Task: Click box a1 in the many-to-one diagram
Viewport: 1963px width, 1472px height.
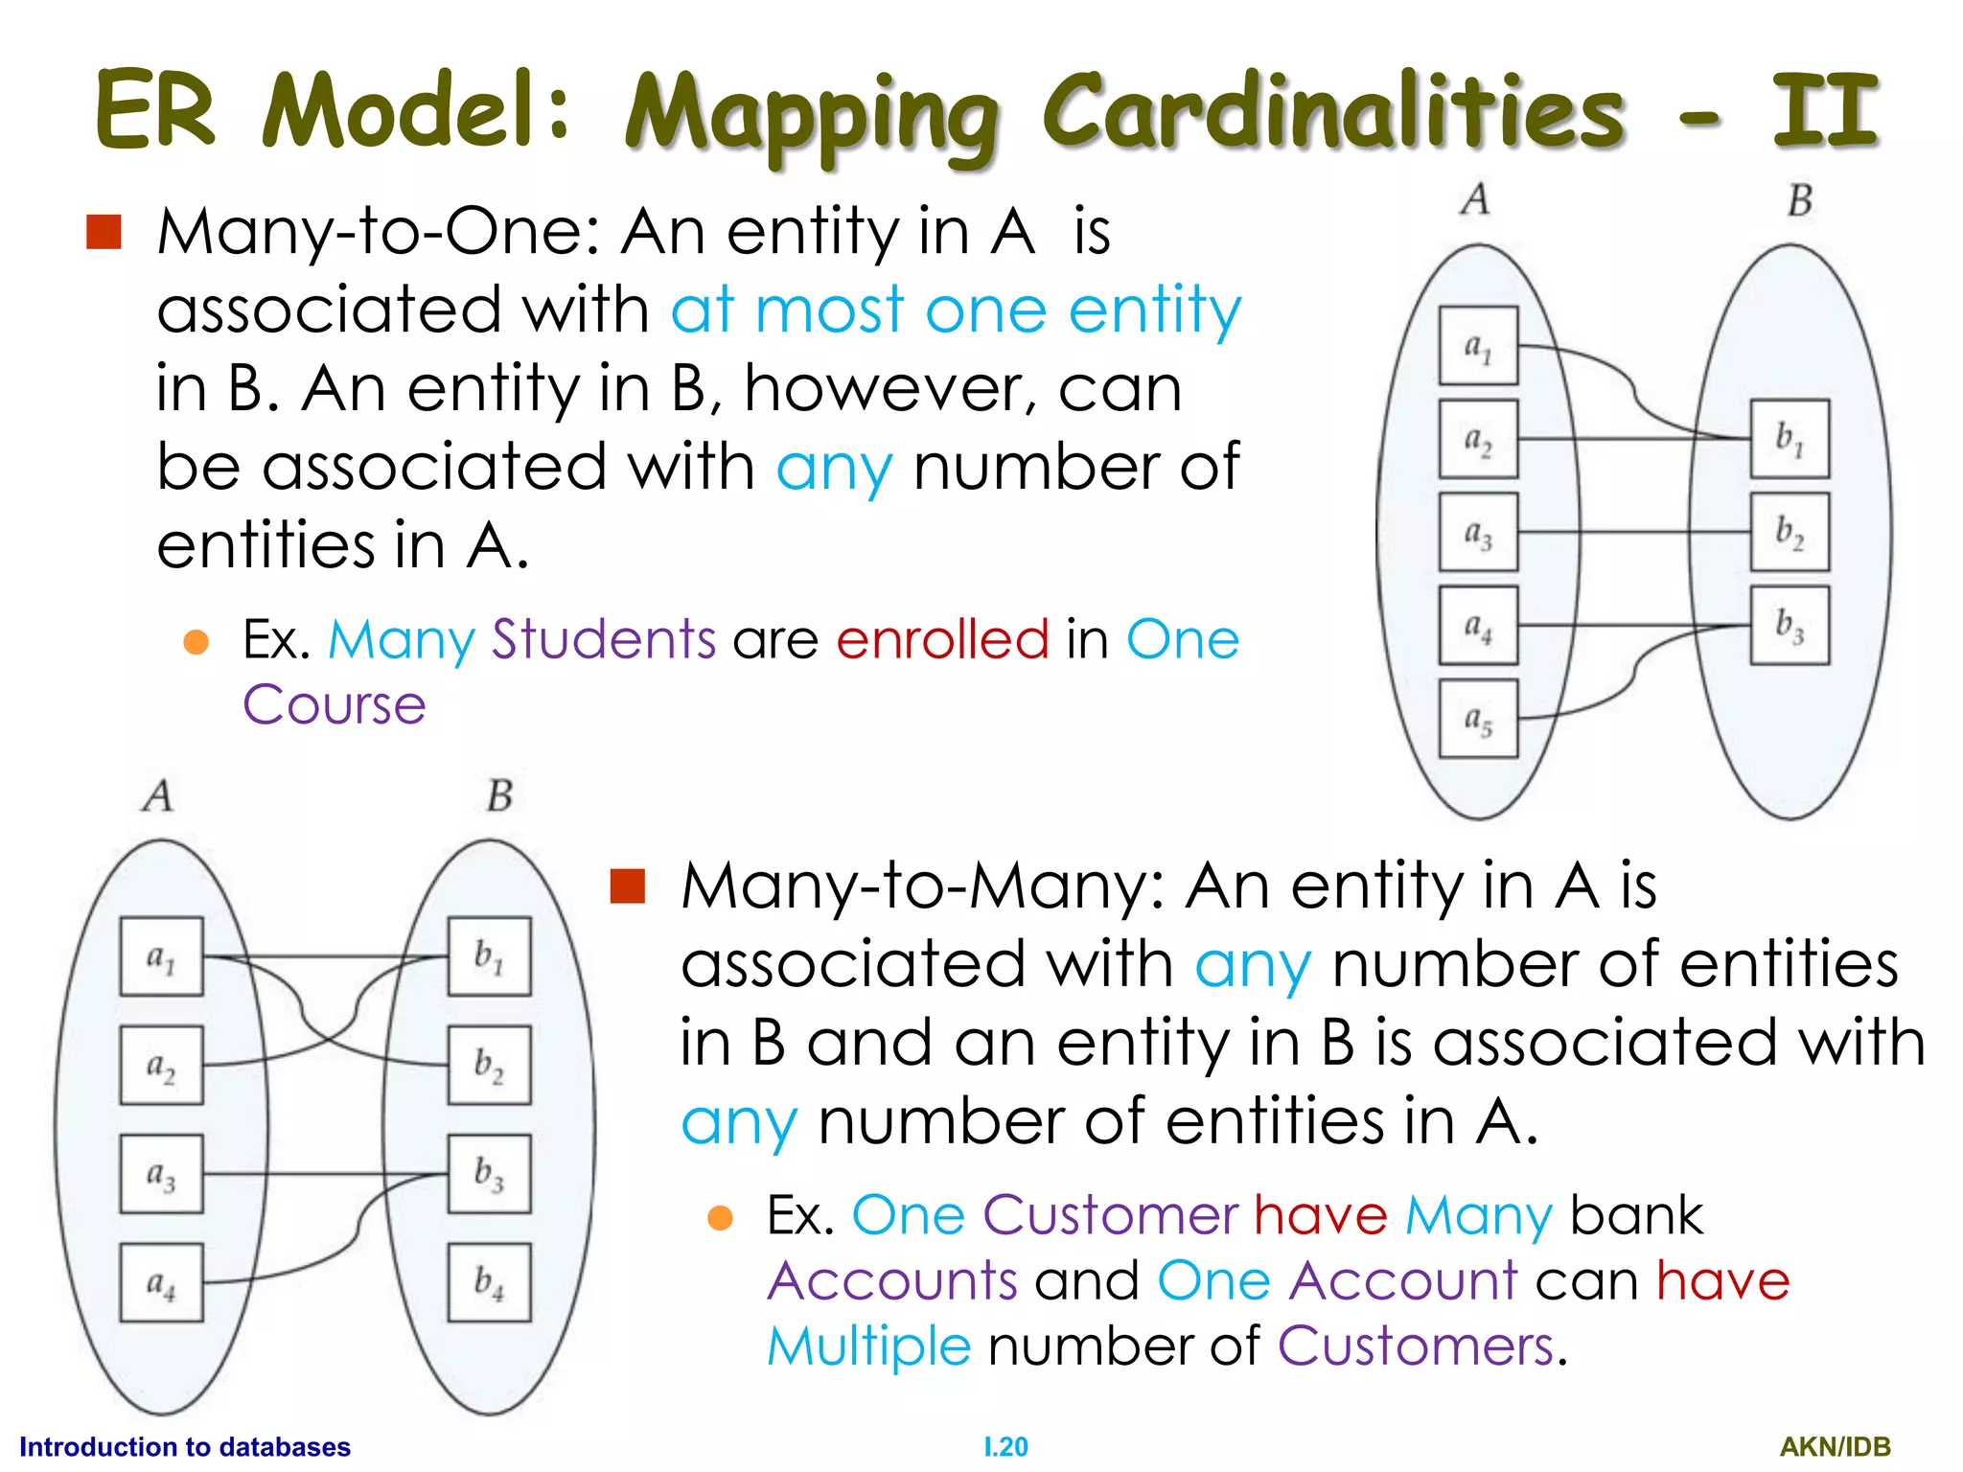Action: click(x=1478, y=346)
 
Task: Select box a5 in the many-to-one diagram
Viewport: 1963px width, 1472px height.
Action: click(x=1478, y=719)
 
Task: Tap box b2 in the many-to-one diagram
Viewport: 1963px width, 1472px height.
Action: click(x=1790, y=532)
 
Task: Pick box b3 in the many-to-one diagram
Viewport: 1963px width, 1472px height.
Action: click(x=1790, y=625)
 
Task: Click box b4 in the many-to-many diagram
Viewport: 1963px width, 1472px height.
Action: click(x=489, y=1282)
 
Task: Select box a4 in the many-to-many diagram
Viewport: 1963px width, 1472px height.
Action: click(x=161, y=1282)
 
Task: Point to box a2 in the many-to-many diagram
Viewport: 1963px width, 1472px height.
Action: click(x=161, y=1065)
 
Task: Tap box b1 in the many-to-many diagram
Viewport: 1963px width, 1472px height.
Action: click(x=489, y=956)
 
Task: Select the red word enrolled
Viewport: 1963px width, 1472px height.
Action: click(x=942, y=639)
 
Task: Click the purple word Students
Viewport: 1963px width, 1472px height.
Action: click(x=603, y=639)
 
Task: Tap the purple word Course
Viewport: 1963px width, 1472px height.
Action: click(x=334, y=705)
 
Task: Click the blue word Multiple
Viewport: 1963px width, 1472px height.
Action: click(x=868, y=1345)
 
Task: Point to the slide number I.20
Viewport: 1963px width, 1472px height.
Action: click(x=1005, y=1447)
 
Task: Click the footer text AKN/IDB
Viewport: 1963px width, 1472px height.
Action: click(x=1835, y=1447)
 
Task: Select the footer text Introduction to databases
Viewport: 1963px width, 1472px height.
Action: click(x=185, y=1447)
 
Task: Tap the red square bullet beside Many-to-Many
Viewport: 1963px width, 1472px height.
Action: click(x=628, y=886)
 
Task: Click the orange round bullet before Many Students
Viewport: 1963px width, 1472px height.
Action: click(x=196, y=641)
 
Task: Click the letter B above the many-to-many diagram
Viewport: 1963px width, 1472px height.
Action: click(x=499, y=795)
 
